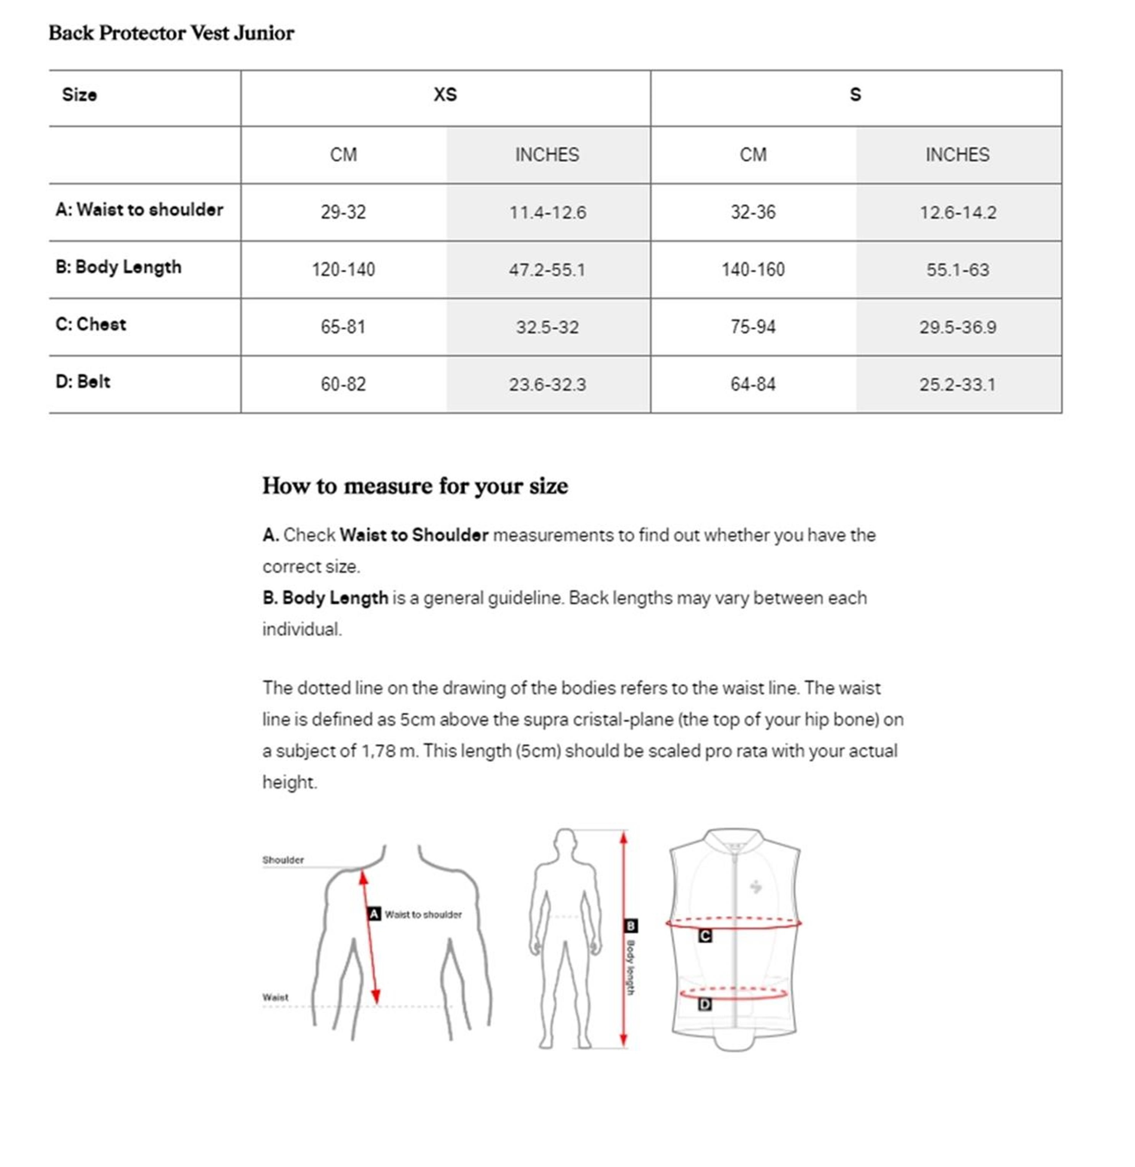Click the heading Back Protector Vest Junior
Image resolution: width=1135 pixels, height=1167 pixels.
(171, 33)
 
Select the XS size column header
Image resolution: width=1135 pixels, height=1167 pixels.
(445, 95)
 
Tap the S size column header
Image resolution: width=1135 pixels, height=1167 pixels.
(855, 95)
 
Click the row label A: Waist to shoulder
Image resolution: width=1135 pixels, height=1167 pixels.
(139, 210)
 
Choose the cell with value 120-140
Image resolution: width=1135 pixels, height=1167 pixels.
(343, 269)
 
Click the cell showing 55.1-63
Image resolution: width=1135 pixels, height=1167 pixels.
(957, 269)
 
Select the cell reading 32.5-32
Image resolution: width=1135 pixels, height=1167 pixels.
(547, 327)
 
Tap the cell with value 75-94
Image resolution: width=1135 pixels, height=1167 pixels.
(753, 327)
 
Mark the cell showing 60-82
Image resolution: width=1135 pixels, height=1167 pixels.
(343, 384)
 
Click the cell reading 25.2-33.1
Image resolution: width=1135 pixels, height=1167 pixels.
(957, 384)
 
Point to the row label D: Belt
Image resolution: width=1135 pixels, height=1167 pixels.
(83, 381)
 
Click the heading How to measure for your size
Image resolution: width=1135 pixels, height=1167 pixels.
(415, 486)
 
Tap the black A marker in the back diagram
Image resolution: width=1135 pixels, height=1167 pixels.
(374, 914)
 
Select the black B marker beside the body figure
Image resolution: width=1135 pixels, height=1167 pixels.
(630, 926)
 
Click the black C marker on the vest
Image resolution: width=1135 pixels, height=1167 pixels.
(705, 936)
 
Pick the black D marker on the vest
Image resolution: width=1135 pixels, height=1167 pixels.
(705, 1004)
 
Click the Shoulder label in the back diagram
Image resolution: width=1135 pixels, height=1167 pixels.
(283, 860)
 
